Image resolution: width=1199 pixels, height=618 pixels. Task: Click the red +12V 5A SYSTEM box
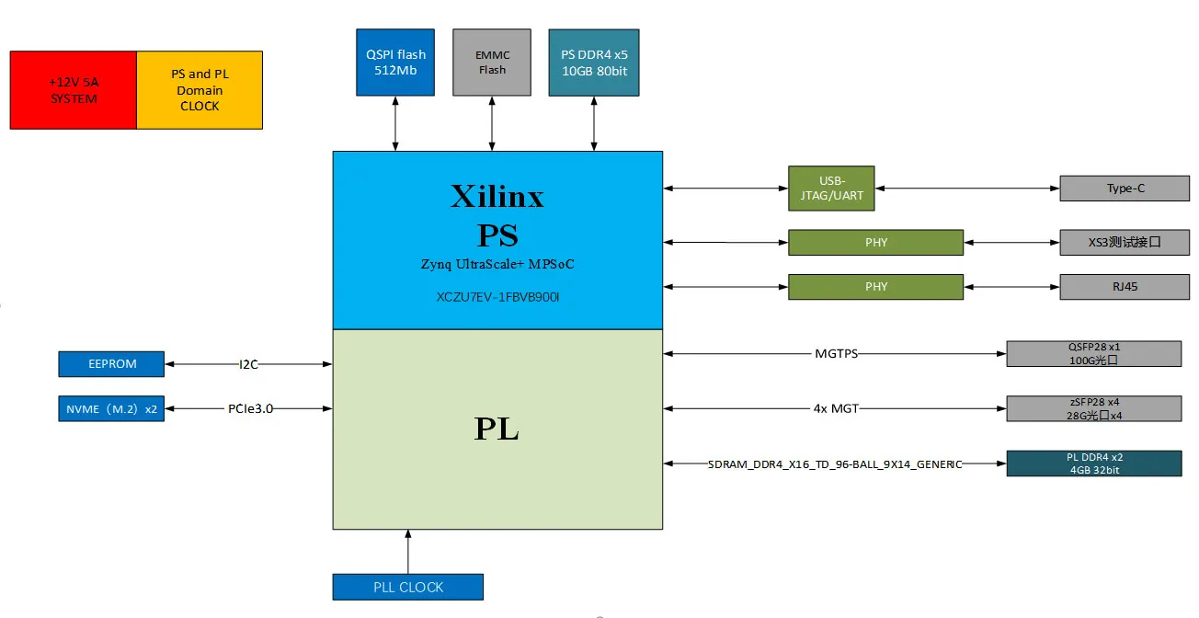click(73, 90)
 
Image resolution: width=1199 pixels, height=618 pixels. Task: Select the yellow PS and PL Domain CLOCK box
click(200, 90)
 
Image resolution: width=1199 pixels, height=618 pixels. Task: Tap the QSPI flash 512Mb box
click(395, 63)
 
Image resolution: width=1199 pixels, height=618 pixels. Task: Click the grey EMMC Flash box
click(492, 63)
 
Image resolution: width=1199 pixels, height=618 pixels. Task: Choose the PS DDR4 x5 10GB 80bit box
click(594, 63)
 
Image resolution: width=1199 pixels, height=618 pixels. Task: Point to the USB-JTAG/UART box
click(831, 189)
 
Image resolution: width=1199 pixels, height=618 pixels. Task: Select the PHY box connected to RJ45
click(875, 286)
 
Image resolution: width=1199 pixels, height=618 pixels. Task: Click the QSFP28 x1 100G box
click(1093, 354)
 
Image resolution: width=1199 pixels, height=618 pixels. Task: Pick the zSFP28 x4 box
click(1093, 408)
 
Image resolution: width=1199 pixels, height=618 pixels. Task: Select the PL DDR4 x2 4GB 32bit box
click(1093, 463)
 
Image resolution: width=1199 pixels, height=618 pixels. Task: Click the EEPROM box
click(111, 364)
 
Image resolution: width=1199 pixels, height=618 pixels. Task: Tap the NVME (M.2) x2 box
click(111, 408)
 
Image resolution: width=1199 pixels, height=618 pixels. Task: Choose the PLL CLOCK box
click(408, 587)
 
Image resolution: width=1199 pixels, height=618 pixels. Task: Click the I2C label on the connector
click(249, 364)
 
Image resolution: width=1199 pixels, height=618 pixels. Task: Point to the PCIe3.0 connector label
click(250, 408)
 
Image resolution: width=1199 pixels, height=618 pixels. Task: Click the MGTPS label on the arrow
click(836, 353)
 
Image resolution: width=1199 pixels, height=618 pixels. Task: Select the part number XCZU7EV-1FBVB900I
click(497, 298)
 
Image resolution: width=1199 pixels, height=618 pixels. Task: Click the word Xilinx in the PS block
click(497, 196)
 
